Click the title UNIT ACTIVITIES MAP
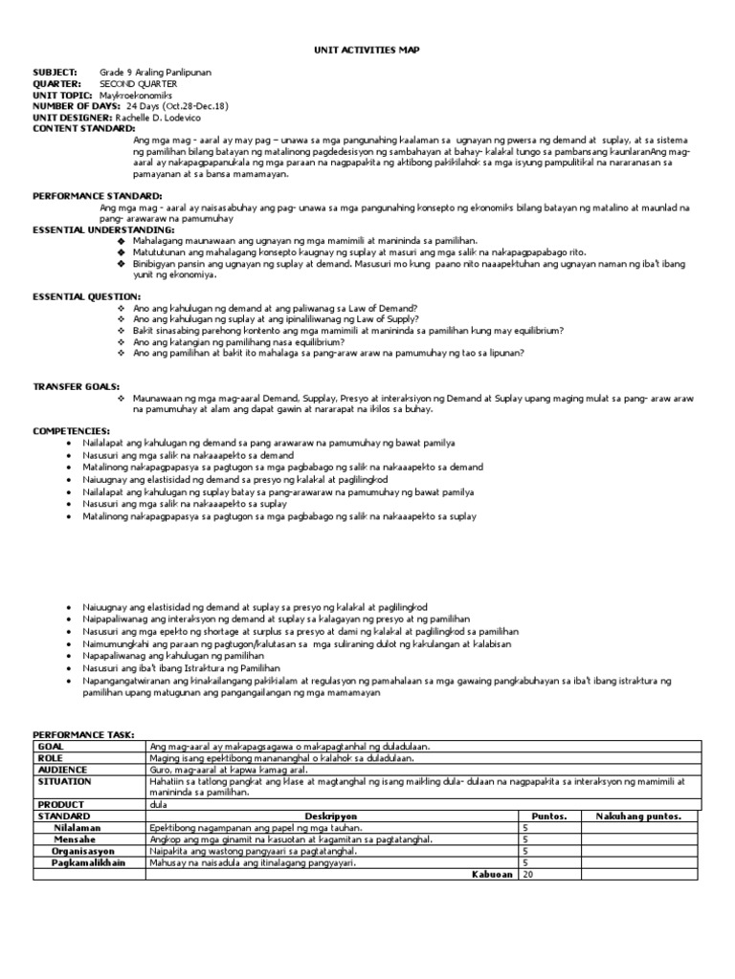tap(367, 49)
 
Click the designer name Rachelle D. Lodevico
tap(151, 117)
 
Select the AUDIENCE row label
tap(61, 769)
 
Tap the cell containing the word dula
tap(158, 804)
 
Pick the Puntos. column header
tap(549, 816)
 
